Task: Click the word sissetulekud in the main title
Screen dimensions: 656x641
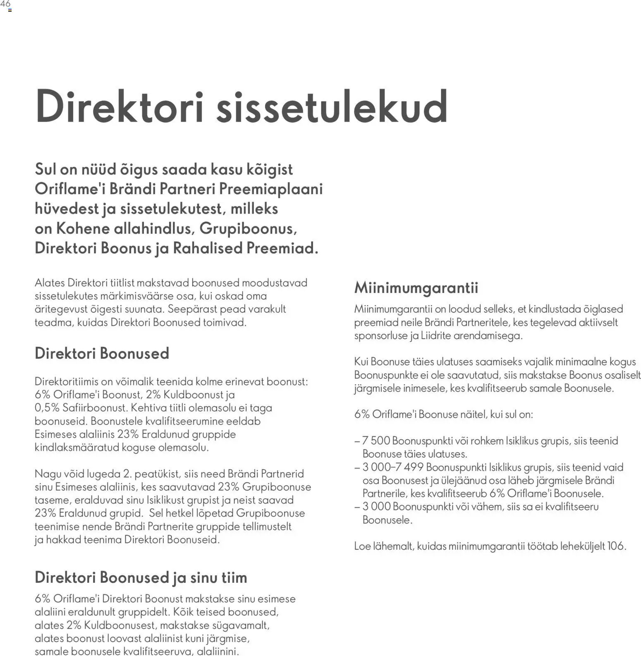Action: [x=332, y=106]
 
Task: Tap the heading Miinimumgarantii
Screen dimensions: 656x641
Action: [x=416, y=287]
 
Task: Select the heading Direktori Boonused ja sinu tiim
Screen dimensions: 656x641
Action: [x=141, y=577]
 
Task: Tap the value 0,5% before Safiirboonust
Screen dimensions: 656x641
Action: [x=47, y=408]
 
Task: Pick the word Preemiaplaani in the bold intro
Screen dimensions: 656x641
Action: [x=271, y=189]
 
